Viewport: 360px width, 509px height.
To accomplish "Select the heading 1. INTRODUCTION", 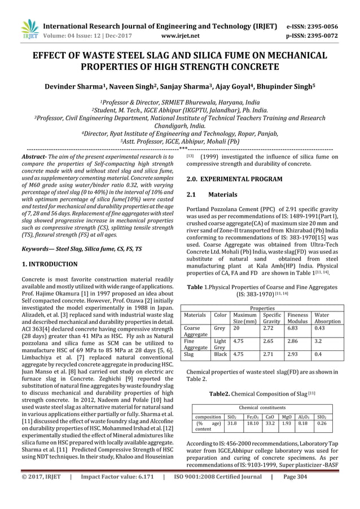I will pyautogui.click(x=49, y=264).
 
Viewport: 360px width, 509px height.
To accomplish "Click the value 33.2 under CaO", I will pyautogui.click(x=270, y=423).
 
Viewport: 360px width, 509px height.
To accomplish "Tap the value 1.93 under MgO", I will pyautogui.click(x=287, y=423).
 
